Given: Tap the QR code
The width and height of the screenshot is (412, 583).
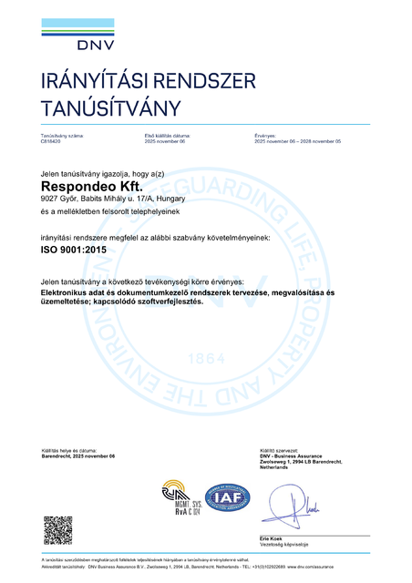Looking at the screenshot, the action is pos(58,530).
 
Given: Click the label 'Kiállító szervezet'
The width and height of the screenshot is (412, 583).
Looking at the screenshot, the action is pos(278,451).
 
